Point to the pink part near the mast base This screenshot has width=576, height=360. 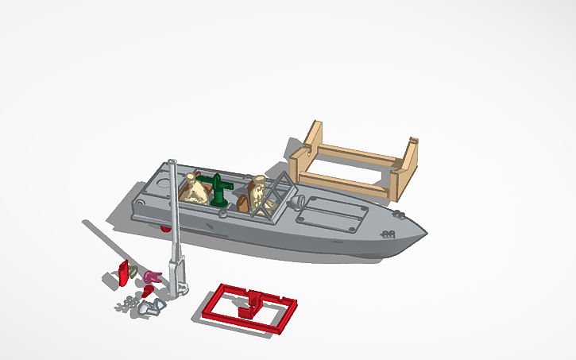153,277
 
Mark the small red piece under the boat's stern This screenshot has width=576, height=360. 166,228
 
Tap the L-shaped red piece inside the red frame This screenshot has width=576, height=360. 253,303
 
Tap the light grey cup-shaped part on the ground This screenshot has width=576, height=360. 148,307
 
